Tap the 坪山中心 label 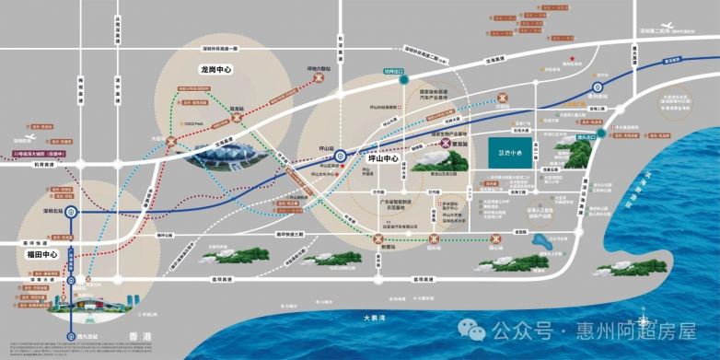(376, 158)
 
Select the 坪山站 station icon (340, 156)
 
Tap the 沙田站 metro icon (503, 97)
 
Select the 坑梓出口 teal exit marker (403, 80)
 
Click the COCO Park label (192, 123)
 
